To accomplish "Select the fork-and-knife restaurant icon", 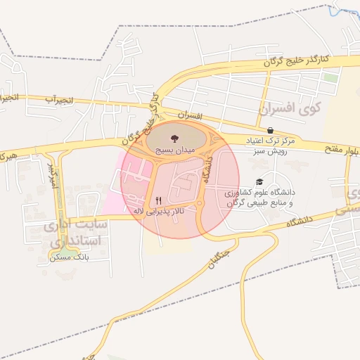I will (x=157, y=200).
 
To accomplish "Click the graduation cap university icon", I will (x=261, y=181).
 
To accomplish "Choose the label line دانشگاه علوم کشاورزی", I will (x=261, y=192).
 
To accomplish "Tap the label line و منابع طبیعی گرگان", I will (x=261, y=202).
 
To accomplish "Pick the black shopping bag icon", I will (x=270, y=130).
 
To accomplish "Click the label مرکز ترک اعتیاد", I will (x=271, y=141).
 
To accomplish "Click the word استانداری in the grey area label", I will (x=76, y=241).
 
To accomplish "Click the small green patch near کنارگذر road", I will (x=331, y=77).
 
